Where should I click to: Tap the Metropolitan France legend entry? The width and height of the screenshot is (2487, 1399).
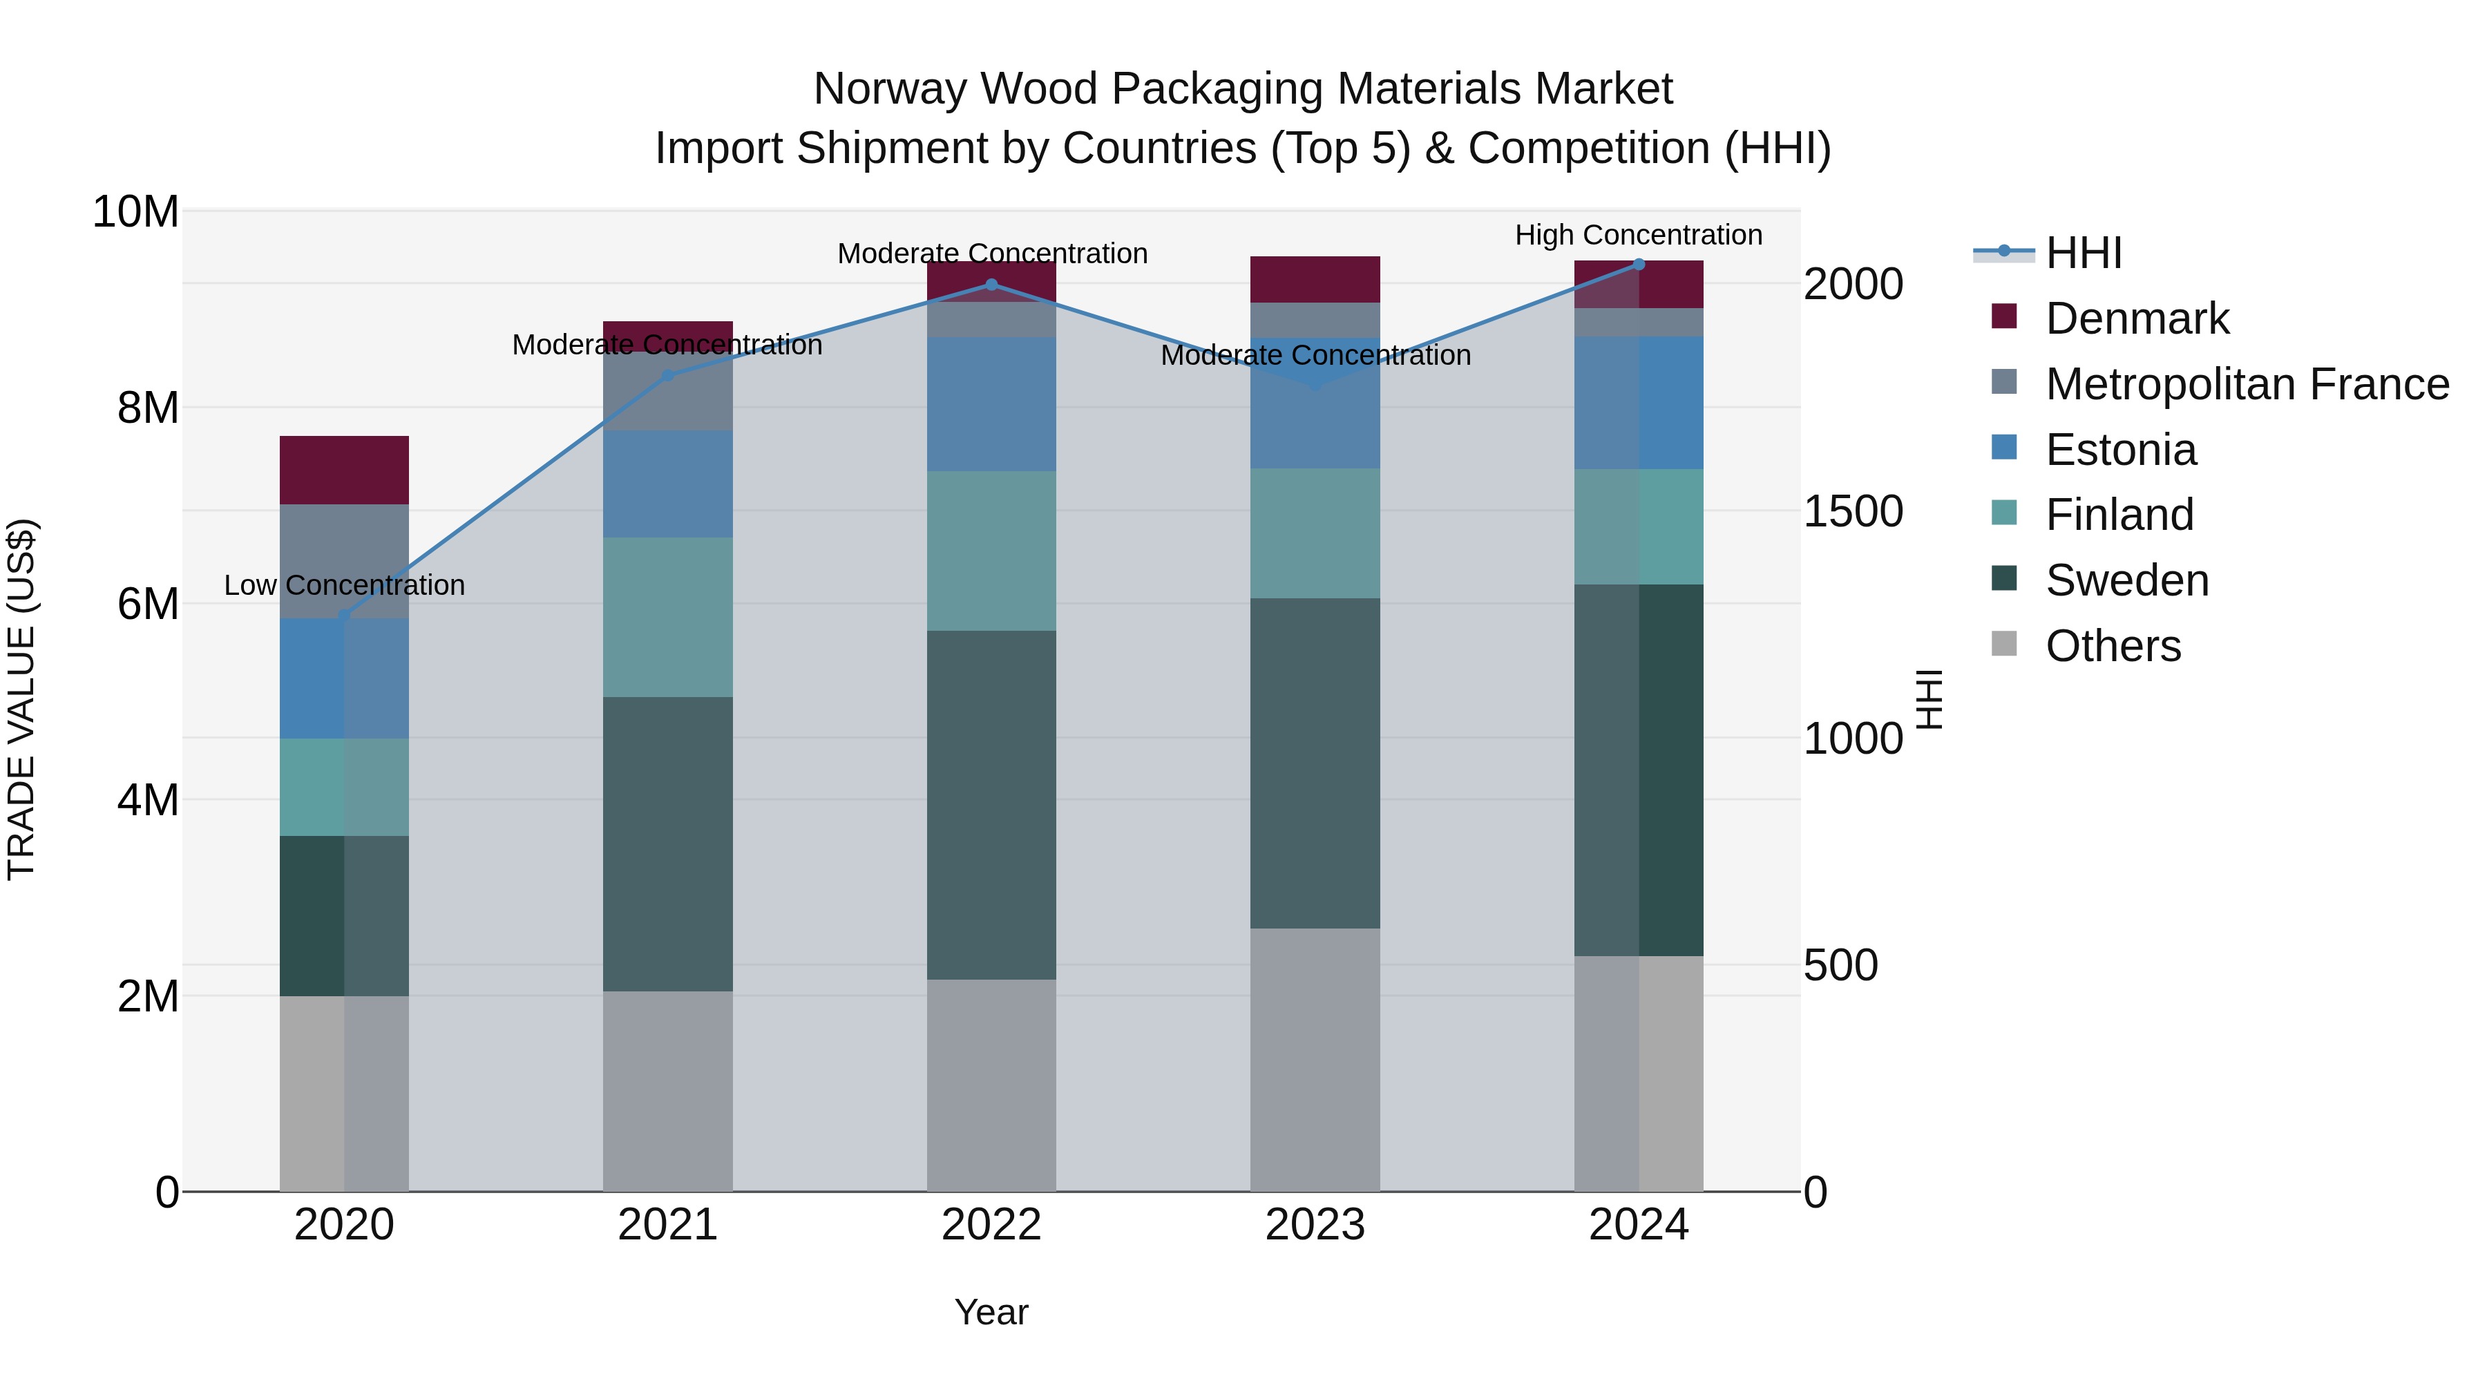[x=2246, y=384]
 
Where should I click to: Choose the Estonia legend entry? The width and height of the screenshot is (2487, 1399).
[x=2120, y=450]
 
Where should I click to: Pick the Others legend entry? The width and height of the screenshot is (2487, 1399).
[x=2113, y=646]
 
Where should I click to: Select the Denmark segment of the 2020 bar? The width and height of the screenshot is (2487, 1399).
[x=344, y=470]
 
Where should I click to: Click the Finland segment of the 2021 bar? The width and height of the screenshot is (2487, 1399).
[x=667, y=617]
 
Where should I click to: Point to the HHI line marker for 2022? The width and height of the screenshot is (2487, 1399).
[x=991, y=285]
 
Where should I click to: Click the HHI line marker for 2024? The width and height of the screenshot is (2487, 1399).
[x=1639, y=264]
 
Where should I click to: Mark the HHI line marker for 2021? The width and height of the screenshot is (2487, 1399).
[x=667, y=376]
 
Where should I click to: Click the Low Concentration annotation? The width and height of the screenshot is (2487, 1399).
[x=344, y=585]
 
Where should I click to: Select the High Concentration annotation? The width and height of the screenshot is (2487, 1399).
[x=1639, y=235]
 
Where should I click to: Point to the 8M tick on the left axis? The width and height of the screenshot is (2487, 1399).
[x=148, y=408]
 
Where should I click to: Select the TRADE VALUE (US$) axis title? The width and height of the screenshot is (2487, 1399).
[x=21, y=699]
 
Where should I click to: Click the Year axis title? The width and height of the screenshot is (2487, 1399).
[x=991, y=1312]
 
